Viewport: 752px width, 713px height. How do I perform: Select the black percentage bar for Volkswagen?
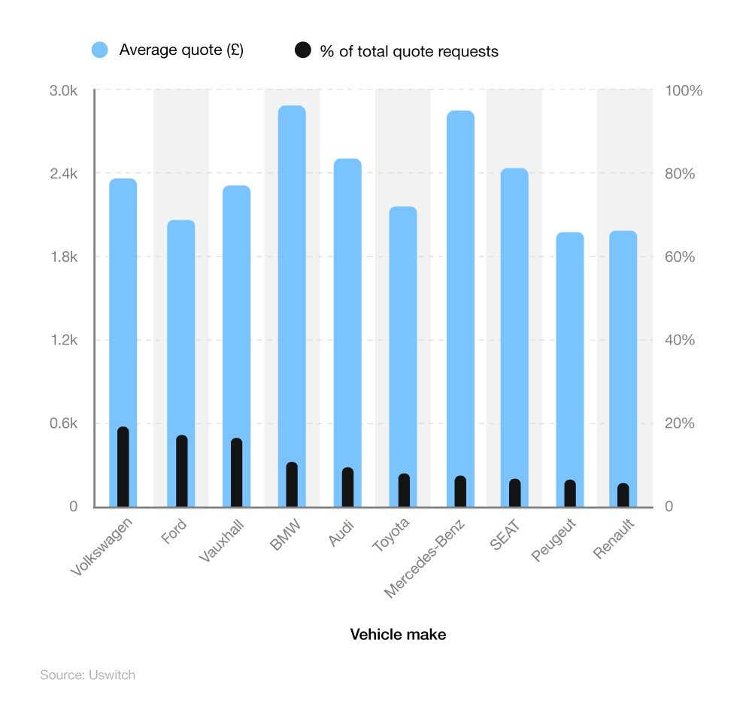pos(123,467)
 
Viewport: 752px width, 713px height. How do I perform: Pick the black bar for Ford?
pos(182,471)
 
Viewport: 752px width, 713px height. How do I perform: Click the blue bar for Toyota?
pos(403,331)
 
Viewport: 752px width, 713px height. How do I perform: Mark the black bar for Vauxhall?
pos(237,472)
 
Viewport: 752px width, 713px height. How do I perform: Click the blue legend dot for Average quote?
pos(100,50)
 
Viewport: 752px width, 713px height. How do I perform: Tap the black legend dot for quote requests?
pos(302,51)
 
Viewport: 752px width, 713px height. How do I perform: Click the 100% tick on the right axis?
pos(684,90)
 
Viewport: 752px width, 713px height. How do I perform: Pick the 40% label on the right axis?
pos(680,340)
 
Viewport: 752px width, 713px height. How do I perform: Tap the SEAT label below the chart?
pos(505,534)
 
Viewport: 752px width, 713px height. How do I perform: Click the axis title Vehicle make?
pos(398,635)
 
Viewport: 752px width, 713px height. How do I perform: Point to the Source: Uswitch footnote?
pos(87,675)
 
